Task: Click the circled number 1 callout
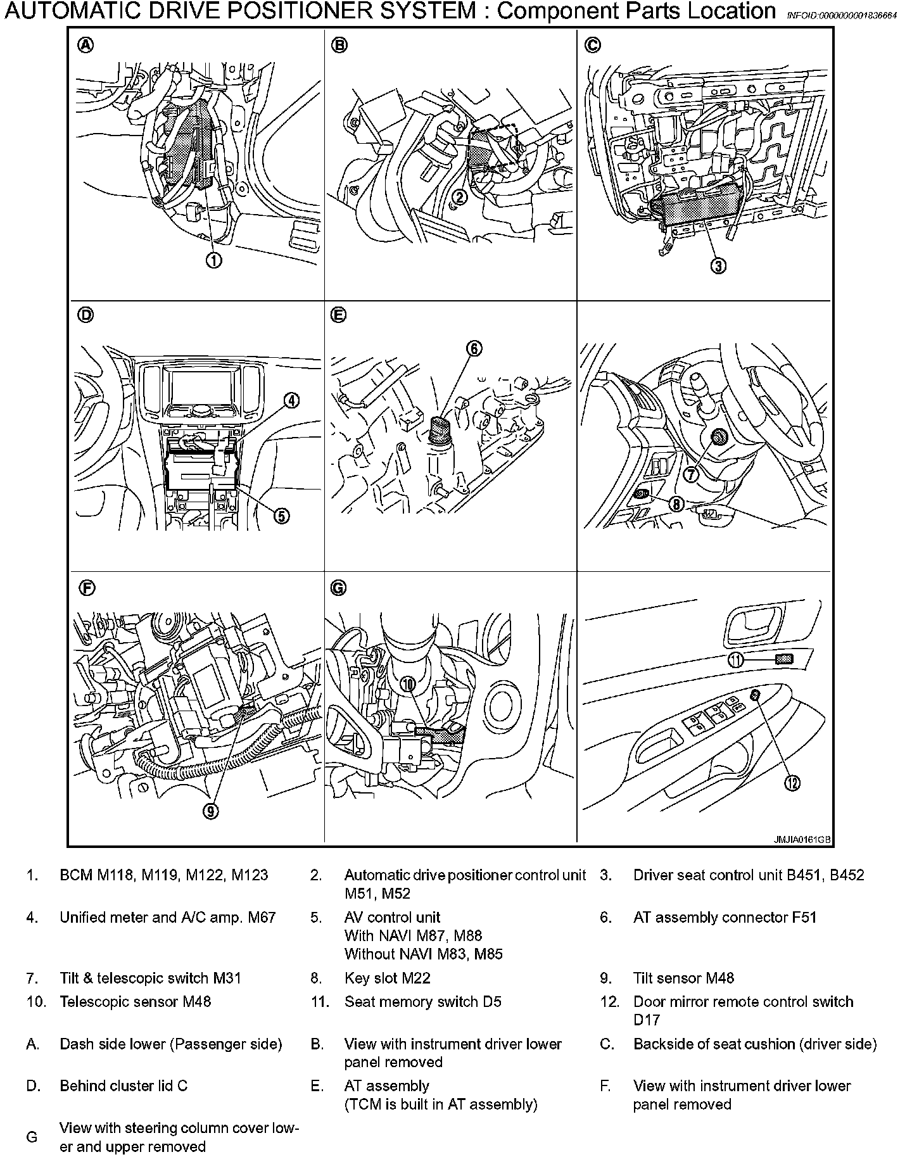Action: [214, 260]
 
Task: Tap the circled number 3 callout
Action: [718, 266]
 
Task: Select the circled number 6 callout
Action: [474, 348]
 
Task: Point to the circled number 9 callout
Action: [211, 811]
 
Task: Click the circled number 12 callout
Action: [792, 783]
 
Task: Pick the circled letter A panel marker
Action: [85, 45]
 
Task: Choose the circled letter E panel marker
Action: [338, 315]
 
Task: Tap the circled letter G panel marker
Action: [338, 588]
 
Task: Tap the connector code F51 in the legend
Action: [804, 918]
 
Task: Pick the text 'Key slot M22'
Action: [387, 978]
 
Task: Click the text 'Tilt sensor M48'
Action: [683, 978]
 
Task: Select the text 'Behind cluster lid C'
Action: [123, 1086]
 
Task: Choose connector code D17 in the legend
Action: [647, 1020]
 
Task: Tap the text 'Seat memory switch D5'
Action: [422, 1002]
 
